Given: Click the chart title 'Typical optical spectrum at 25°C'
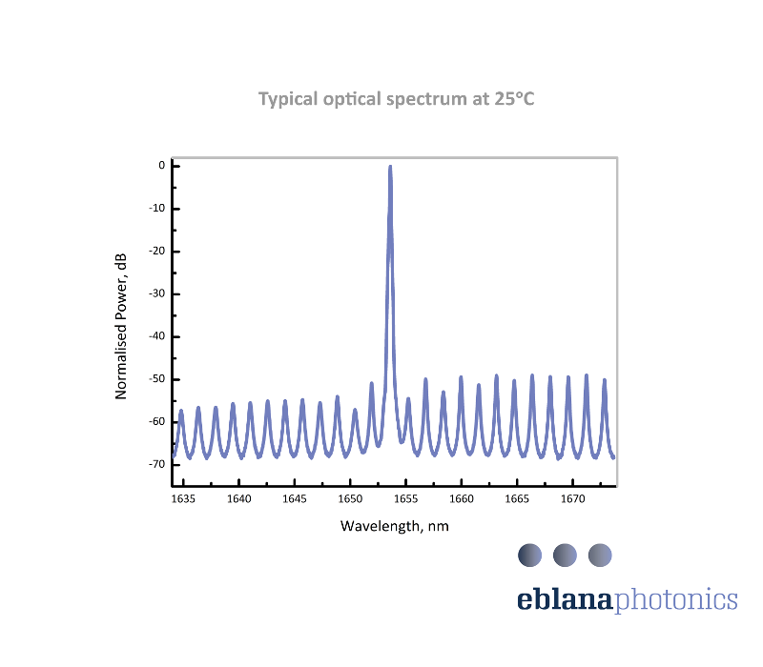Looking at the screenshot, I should (x=397, y=99).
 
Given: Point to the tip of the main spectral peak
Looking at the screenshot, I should (x=390, y=167).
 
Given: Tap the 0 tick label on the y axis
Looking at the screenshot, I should (x=162, y=166).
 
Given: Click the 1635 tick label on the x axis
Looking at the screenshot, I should (x=184, y=499).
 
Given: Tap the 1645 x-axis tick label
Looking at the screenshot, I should (x=295, y=499).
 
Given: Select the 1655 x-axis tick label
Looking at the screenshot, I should (x=406, y=499).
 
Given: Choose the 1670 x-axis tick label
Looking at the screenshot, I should (x=572, y=499).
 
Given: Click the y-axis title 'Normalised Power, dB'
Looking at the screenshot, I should (x=121, y=326).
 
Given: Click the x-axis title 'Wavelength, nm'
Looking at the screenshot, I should (x=395, y=526).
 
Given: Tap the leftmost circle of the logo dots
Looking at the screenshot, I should (x=529, y=555).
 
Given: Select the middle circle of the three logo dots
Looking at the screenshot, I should (x=565, y=555).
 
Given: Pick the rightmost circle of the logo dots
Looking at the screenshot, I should (x=600, y=555).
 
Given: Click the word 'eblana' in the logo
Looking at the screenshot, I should (x=567, y=599).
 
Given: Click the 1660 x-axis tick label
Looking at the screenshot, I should (x=462, y=499).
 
